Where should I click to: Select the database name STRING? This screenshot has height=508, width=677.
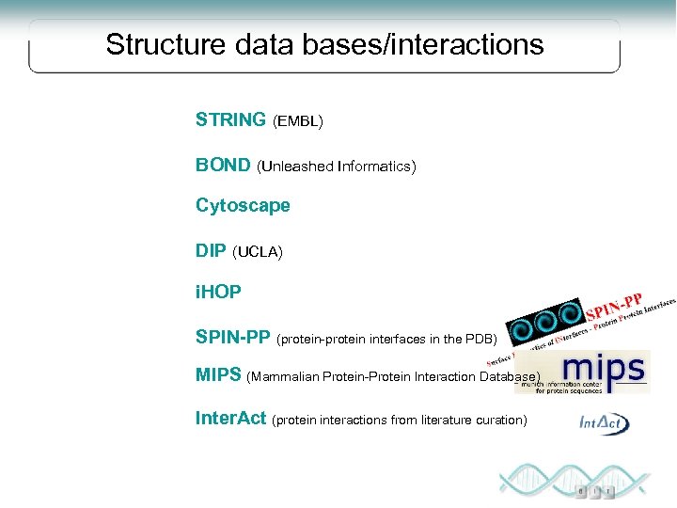point(230,119)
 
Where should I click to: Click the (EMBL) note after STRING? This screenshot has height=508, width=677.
point(297,121)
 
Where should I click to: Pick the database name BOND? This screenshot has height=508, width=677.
point(223,166)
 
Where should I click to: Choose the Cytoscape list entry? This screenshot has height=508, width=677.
point(243,205)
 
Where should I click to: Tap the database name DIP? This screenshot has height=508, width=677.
point(211,251)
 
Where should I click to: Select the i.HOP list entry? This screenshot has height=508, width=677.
point(218,293)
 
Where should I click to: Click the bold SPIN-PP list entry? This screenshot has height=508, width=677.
point(232,337)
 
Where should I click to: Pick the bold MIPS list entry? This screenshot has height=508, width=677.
point(218,374)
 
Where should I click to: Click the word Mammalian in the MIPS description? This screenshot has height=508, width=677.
point(284,376)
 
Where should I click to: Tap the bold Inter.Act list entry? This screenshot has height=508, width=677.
point(230,418)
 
